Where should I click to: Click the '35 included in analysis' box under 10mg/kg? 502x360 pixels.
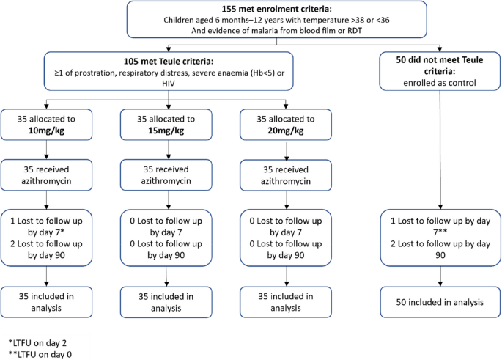47,301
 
